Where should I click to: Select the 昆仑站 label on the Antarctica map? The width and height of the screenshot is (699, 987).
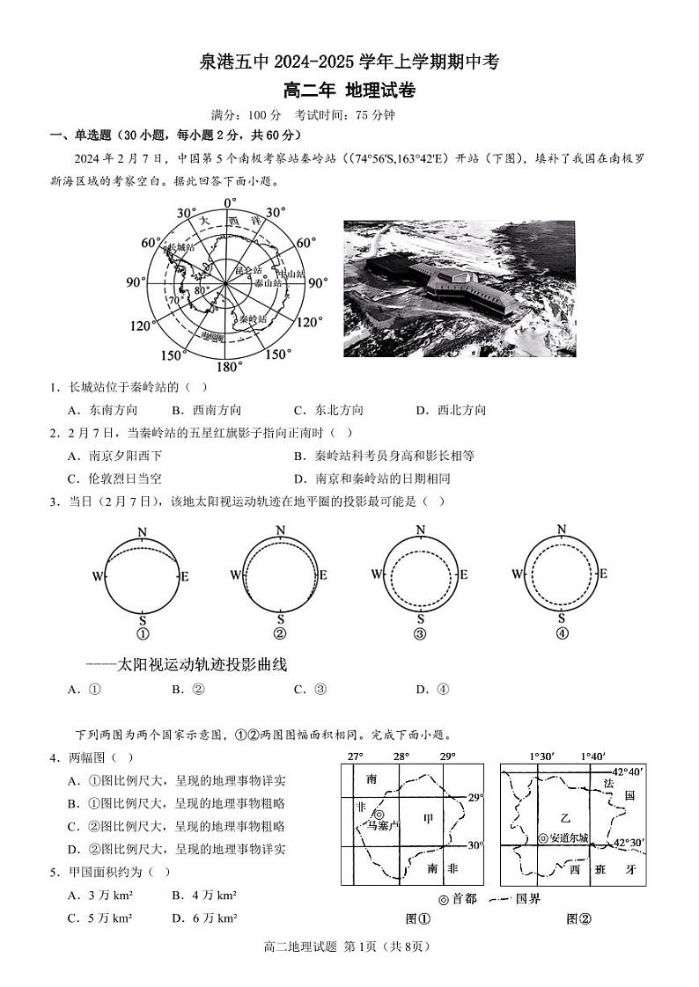251,270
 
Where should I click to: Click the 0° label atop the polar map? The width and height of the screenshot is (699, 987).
230,203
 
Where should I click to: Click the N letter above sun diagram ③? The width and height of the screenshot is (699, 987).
421,530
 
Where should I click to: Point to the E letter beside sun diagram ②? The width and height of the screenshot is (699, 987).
323,575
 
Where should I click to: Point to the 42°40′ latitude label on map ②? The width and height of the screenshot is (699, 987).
629,772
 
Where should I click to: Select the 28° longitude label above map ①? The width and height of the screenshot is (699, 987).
401,757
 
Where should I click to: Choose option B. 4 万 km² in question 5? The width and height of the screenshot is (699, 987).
204,896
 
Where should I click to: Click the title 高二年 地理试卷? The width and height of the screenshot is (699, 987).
349,90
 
